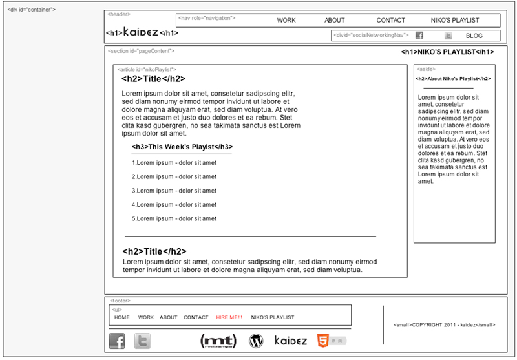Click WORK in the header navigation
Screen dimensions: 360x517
click(286, 21)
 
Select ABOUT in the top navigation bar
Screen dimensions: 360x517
click(335, 21)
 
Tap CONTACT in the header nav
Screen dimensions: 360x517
click(391, 21)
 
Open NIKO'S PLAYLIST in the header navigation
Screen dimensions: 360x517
click(455, 21)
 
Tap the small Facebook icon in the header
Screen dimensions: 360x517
click(419, 36)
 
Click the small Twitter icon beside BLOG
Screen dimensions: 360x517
click(448, 36)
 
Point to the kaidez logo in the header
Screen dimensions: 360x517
click(140, 32)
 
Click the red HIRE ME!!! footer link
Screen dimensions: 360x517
click(229, 317)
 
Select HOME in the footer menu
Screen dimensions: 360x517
click(122, 317)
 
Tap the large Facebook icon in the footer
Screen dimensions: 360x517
click(117, 341)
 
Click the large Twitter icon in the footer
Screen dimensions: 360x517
click(142, 341)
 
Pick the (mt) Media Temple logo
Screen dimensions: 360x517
click(218, 341)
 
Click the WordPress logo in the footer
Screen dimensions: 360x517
click(257, 341)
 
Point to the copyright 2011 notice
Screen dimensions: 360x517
click(444, 324)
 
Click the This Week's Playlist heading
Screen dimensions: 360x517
click(182, 147)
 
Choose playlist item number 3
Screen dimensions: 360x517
click(174, 191)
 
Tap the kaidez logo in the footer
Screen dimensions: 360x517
click(290, 340)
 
